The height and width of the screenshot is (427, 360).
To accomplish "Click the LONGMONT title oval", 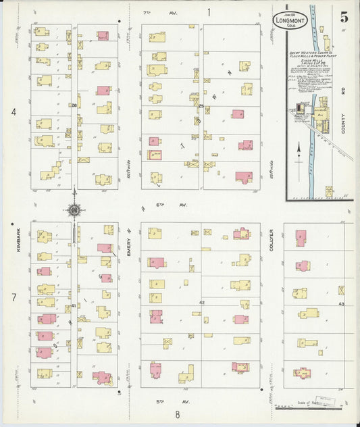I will (291, 20).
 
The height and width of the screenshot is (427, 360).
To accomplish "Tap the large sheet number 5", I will (344, 18).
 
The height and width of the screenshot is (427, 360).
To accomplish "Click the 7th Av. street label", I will (149, 12).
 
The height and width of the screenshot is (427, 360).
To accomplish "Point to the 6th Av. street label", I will (161, 203).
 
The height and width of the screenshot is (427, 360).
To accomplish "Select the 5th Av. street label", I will (161, 401).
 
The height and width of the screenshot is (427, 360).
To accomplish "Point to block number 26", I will (73, 105).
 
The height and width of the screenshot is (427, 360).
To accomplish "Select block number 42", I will (201, 303).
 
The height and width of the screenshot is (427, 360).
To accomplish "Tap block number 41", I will (73, 305).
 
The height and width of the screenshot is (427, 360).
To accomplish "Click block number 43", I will (341, 303).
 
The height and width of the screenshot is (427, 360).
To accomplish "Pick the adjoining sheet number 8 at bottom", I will (176, 414).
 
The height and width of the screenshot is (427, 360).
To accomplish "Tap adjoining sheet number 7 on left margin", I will (13, 297).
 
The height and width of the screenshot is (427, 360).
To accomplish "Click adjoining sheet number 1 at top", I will (209, 11).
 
